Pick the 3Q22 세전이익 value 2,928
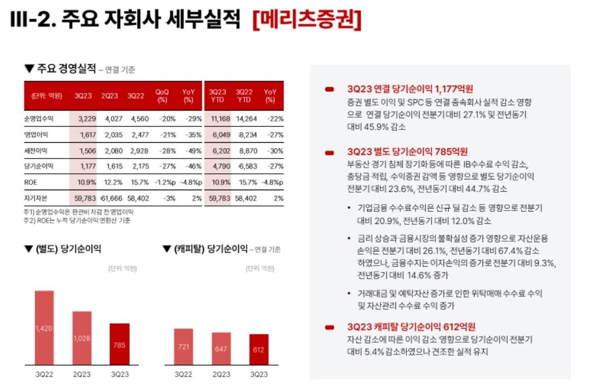[136, 150]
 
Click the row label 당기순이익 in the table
[39, 166]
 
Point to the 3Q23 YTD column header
[217, 95]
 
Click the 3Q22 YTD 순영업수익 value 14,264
[244, 119]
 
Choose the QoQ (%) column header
[162, 95]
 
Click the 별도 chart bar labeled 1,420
[44, 328]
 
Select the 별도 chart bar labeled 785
[120, 344]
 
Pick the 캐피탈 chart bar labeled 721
[183, 347]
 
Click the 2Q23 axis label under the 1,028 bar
[82, 374]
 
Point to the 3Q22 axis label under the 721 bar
[183, 374]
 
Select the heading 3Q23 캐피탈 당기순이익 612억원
[411, 327]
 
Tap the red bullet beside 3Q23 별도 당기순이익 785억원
[330, 152]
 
